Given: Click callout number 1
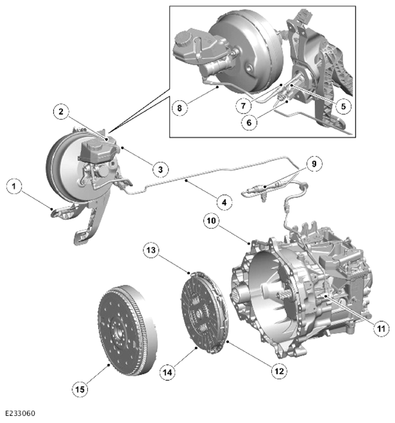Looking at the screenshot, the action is click(14, 186).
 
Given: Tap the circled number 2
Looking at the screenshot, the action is click(61, 111).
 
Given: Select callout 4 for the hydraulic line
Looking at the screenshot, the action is click(224, 202).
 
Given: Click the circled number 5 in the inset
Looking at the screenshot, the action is click(343, 106).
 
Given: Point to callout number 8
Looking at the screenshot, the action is click(180, 108).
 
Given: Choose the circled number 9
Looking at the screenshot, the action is click(314, 164).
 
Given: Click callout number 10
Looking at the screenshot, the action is click(212, 220).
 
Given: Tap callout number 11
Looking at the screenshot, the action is click(381, 329).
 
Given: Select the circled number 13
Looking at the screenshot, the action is click(151, 250).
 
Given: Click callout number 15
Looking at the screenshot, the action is click(80, 390).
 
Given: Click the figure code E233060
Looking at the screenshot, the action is click(20, 413).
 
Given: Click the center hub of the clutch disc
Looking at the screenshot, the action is click(199, 313).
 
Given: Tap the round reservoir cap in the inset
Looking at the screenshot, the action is click(184, 39).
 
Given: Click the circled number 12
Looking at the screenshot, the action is click(279, 371).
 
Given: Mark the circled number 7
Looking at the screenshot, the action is click(244, 106).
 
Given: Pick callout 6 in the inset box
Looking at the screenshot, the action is click(249, 122).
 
